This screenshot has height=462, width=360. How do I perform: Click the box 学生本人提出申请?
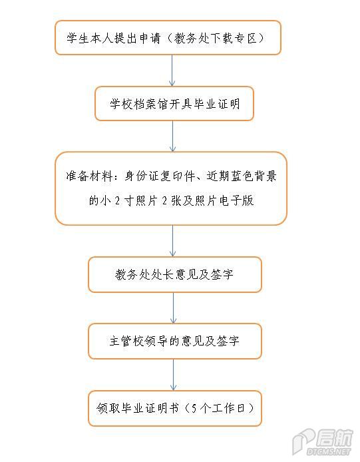(x=168, y=37)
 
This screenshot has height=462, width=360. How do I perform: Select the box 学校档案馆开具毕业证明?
(x=174, y=103)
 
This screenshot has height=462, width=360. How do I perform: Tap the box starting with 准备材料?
(x=171, y=188)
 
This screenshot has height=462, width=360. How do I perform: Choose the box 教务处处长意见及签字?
(x=175, y=275)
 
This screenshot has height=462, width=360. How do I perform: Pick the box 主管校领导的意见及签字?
(x=175, y=342)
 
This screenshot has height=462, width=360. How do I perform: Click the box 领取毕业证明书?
(x=175, y=408)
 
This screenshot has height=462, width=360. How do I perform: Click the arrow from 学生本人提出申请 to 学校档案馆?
(x=172, y=71)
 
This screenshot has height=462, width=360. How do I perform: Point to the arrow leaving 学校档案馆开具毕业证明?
(x=172, y=136)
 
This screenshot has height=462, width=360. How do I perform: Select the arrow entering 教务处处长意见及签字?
(x=172, y=241)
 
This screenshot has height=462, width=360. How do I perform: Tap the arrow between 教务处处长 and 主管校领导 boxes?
(x=173, y=308)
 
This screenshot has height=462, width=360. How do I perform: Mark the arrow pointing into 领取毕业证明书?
(x=173, y=375)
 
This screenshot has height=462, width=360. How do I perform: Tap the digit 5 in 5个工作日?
(x=194, y=408)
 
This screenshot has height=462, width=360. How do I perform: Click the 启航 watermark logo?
(x=334, y=438)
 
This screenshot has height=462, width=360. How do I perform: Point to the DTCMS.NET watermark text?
(x=329, y=451)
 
